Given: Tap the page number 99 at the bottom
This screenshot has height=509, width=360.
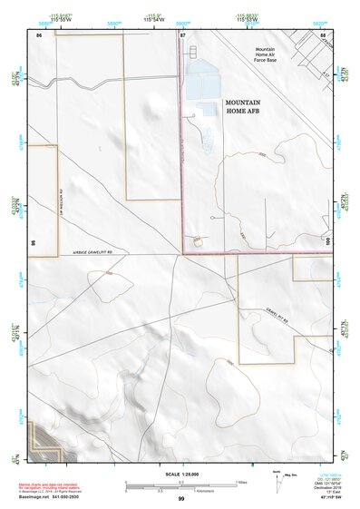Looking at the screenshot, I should (181, 499).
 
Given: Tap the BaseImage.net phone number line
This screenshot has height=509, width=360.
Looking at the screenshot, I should (45, 500).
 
